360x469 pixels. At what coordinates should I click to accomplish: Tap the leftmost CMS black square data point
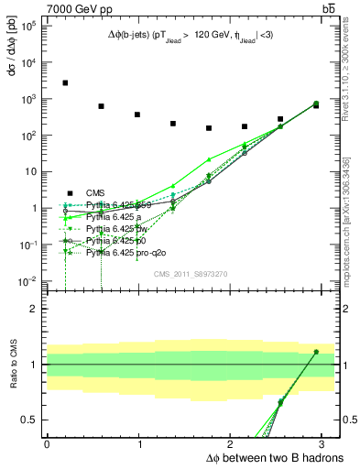click(65, 83)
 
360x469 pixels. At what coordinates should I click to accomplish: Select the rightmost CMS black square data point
click(316, 105)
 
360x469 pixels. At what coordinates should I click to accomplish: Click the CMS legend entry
click(95, 192)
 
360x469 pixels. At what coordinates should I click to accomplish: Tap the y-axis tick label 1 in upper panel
click(33, 208)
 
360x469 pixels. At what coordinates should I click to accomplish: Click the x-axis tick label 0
click(47, 442)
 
